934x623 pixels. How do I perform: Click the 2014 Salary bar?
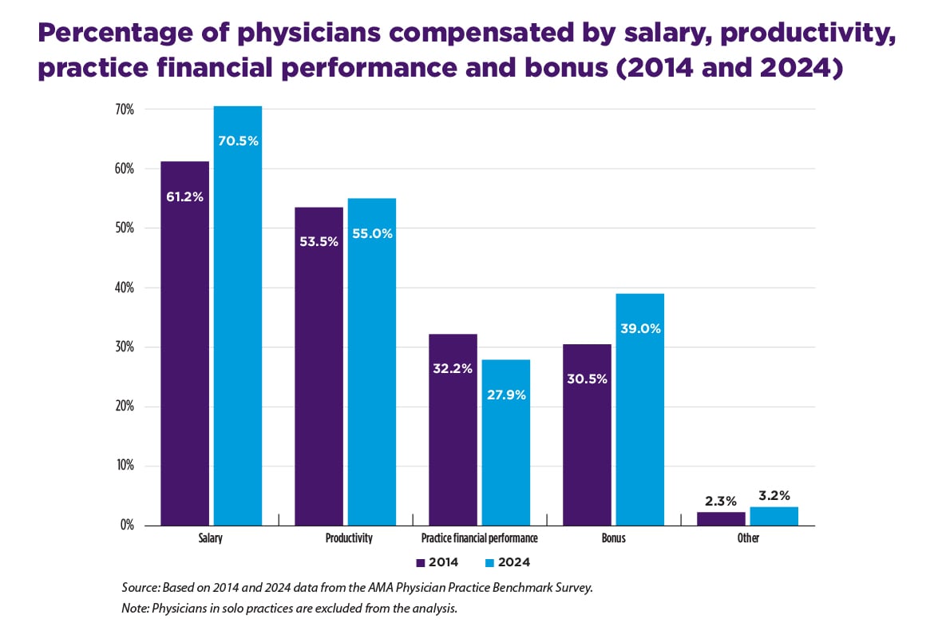[184, 343]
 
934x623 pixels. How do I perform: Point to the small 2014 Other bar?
[721, 518]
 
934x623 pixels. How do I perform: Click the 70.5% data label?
[238, 141]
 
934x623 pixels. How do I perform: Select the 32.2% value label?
[453, 368]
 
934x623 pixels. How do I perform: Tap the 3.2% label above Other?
[774, 495]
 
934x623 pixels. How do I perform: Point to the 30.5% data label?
[587, 379]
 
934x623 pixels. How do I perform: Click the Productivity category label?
[349, 538]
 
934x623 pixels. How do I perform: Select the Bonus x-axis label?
[613, 538]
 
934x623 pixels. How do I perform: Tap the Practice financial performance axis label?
[479, 538]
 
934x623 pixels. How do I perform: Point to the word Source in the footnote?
[140, 587]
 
